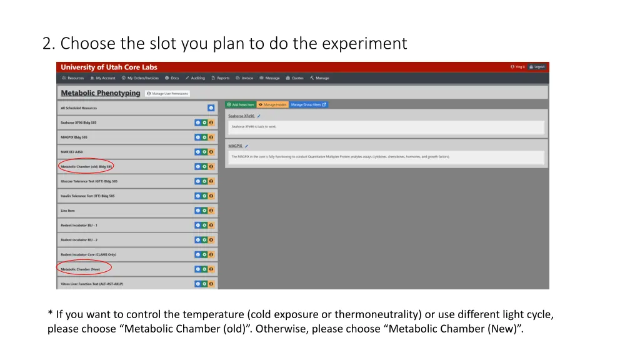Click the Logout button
(537, 67)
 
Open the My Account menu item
(103, 78)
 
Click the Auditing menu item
(195, 78)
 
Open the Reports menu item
(221, 78)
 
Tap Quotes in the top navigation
(295, 78)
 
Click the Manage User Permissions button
(167, 94)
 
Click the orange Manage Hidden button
(272, 104)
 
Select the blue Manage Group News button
(309, 104)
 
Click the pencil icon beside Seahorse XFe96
(259, 116)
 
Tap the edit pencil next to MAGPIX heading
(246, 146)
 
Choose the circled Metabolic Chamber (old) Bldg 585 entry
(86, 167)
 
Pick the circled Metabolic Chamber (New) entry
(81, 269)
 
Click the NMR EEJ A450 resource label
(72, 152)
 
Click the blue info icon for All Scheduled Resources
(211, 107)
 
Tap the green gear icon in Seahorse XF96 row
(204, 122)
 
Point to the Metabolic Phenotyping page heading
(100, 93)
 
